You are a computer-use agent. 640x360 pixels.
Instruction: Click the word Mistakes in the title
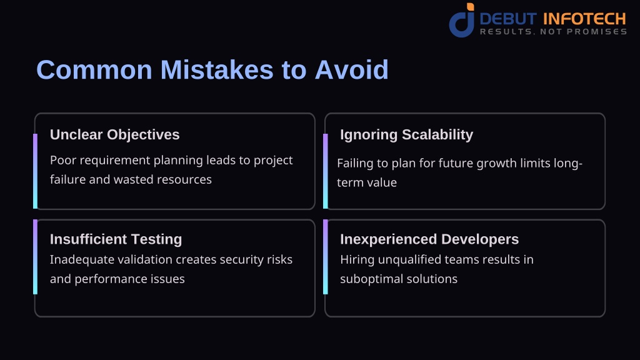point(217,70)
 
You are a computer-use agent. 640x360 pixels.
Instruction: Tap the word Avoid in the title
point(351,70)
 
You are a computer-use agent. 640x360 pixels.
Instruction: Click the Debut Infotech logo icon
point(462,21)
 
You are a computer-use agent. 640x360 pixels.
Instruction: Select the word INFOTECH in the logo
point(584,19)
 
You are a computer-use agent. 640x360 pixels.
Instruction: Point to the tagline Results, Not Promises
point(553,31)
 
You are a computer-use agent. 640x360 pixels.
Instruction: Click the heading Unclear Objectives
point(115,135)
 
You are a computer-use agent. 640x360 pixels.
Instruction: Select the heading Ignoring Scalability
point(406,135)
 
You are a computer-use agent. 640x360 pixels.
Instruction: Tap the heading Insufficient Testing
point(116,239)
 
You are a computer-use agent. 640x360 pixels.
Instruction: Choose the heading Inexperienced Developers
point(429,239)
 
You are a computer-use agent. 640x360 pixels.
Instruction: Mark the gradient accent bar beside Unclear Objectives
point(35,171)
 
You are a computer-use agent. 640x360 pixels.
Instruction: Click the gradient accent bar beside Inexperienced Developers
point(325,257)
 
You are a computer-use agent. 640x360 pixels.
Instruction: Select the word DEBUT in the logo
point(508,19)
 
